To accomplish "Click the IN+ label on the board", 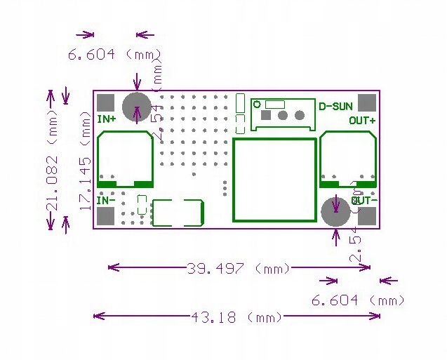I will [107, 119].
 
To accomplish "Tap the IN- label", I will [107, 200].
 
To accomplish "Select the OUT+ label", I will [362, 120].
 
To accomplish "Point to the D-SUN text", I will [335, 107].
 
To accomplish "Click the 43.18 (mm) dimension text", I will [235, 316].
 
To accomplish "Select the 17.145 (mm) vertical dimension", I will [86, 161].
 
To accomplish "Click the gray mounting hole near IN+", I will [135, 107].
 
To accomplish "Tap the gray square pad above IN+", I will [105, 102].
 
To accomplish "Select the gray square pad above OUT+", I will [366, 102].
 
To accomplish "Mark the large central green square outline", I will [274, 180].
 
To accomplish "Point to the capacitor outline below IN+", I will [125, 159].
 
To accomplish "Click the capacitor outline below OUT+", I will [348, 159].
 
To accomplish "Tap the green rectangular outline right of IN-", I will [178, 213].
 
